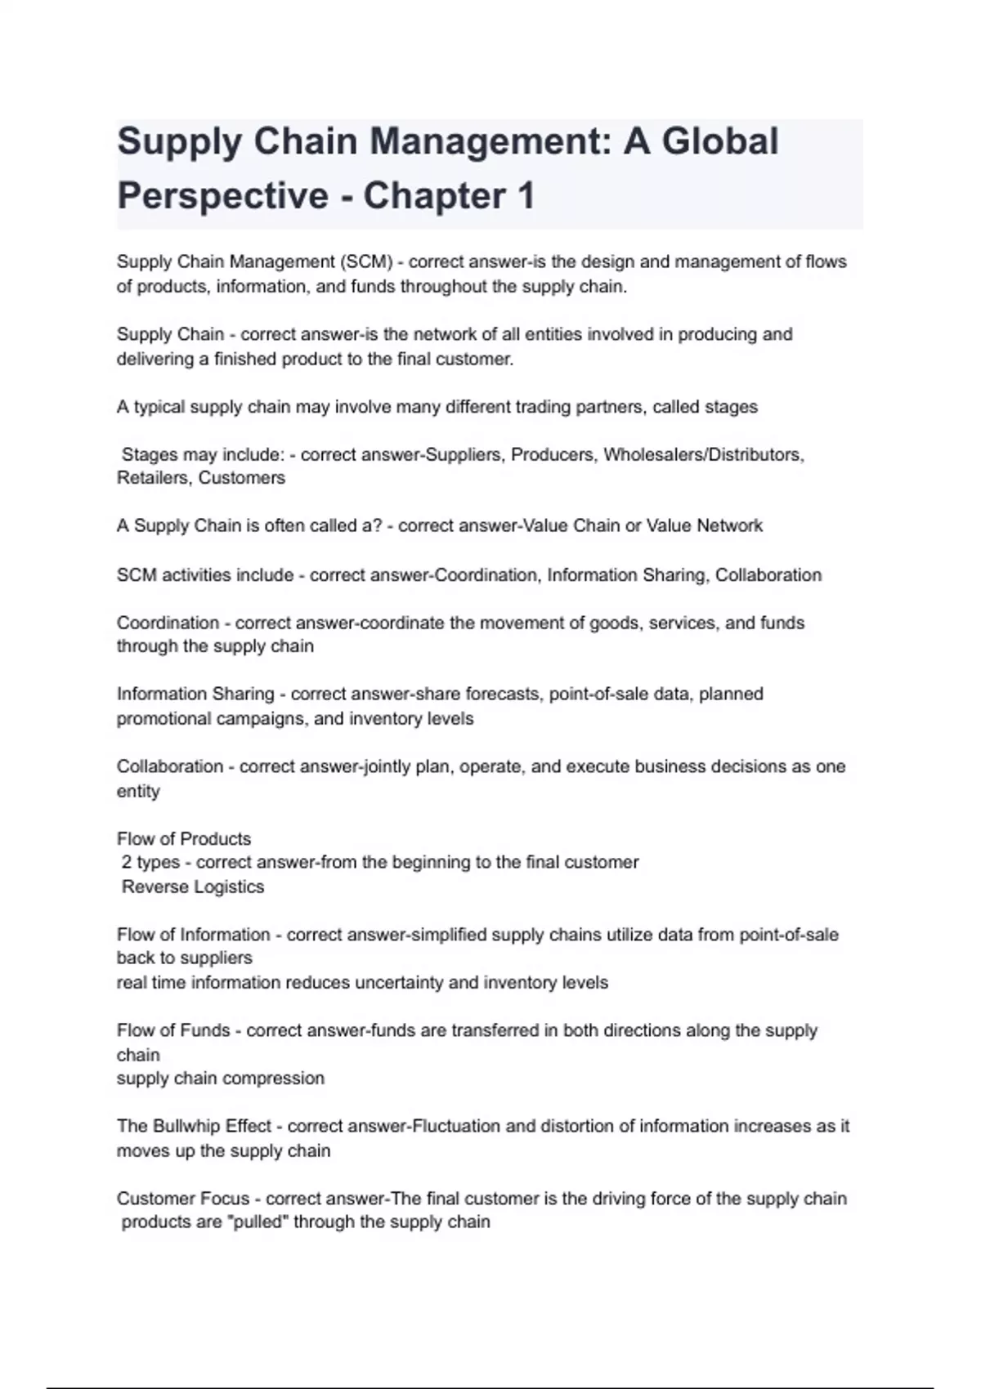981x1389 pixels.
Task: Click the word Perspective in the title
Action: click(222, 196)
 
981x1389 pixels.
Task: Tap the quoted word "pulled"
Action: click(259, 1222)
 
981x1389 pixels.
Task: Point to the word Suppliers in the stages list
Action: click(462, 454)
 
